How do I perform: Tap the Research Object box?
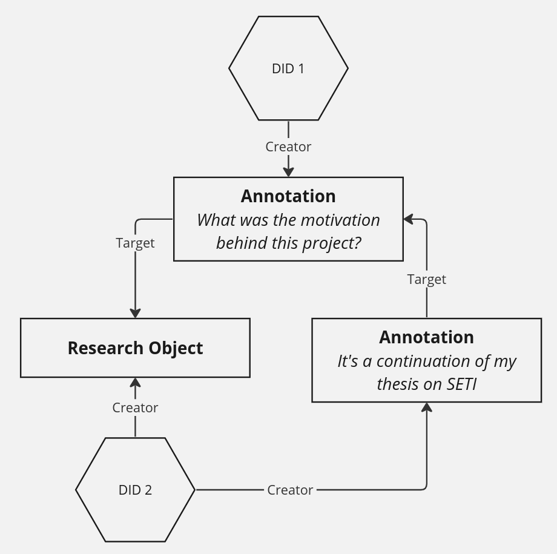pos(135,348)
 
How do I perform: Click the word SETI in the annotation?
pos(462,384)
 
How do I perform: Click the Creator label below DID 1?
pos(288,147)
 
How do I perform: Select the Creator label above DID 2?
pos(135,407)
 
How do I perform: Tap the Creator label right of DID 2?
pos(290,490)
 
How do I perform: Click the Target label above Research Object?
pos(135,243)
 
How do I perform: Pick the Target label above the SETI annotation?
pos(427,279)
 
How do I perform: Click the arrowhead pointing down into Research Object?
pos(135,312)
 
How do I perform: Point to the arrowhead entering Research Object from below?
pos(135,383)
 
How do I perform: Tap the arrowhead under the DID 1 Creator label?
pos(288,171)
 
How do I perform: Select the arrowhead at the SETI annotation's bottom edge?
pos(427,408)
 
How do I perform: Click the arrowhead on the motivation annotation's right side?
pos(409,219)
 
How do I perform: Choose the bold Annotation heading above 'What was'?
pos(288,196)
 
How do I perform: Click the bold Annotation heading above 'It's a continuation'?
pos(427,337)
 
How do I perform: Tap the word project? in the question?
pos(333,243)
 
